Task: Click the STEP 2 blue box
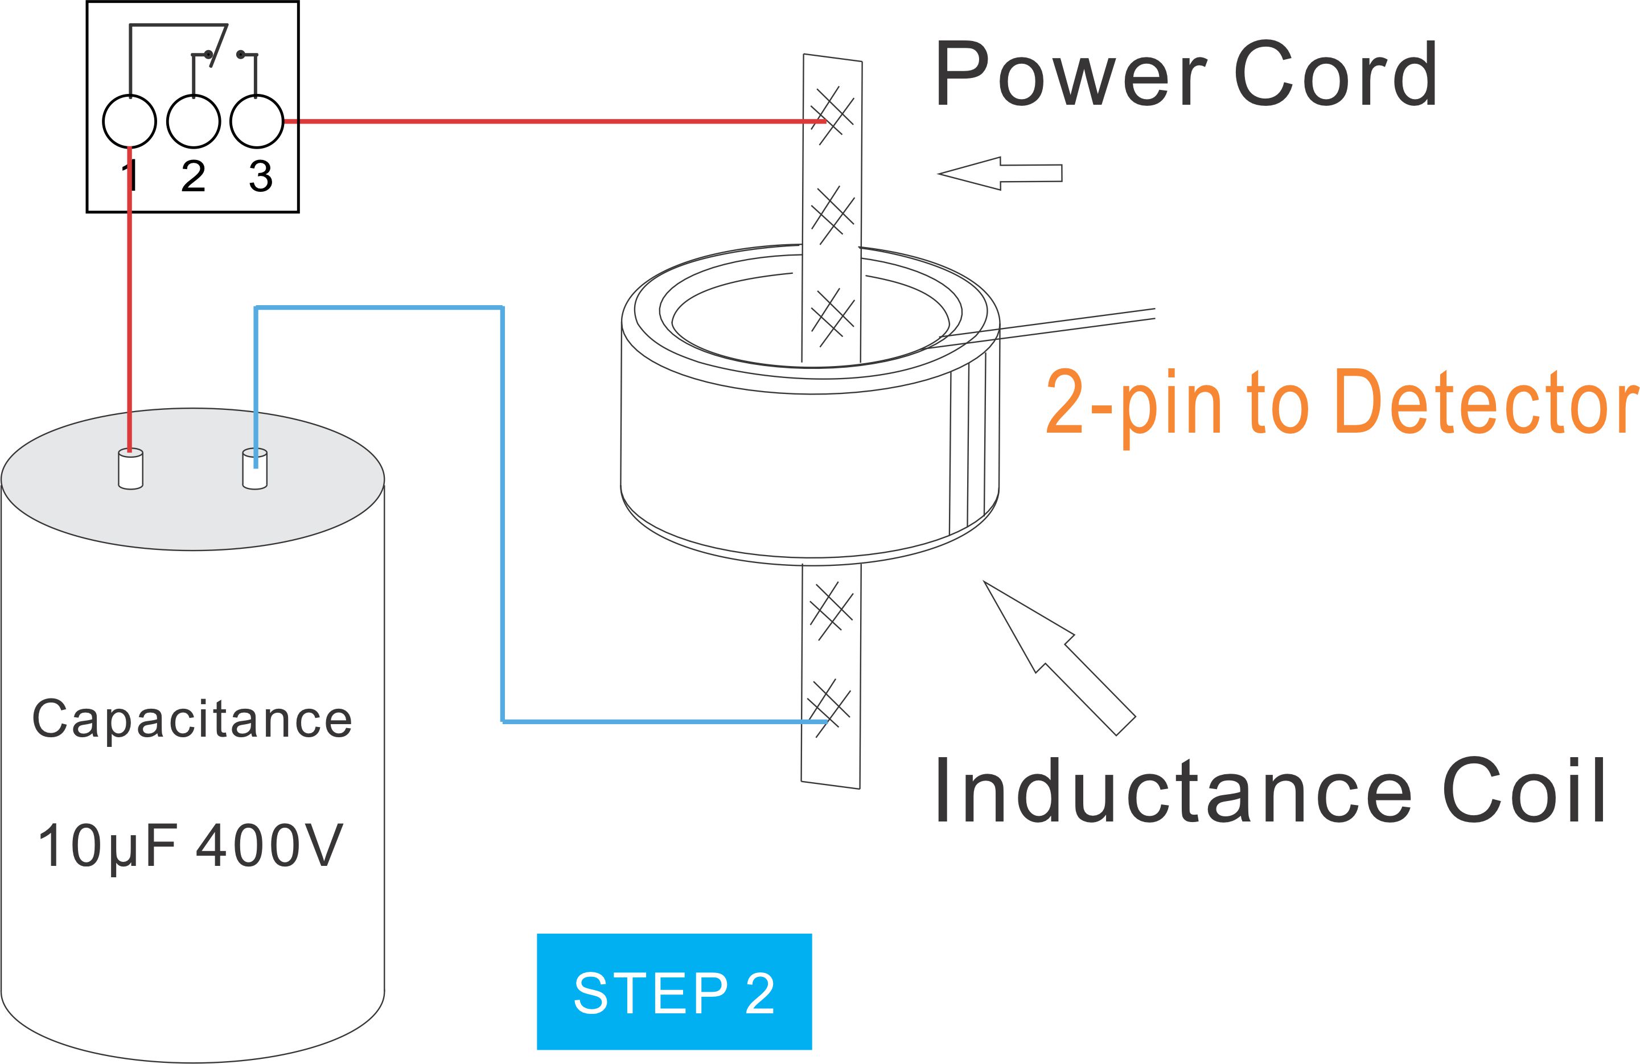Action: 674,992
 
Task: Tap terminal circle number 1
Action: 130,121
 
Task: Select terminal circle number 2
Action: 194,121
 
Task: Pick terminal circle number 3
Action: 256,121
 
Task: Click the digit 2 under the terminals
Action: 194,176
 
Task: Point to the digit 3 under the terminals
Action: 261,176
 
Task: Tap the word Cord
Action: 1335,73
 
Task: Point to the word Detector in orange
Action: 1486,401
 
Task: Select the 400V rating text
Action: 269,845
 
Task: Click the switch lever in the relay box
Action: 219,46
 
